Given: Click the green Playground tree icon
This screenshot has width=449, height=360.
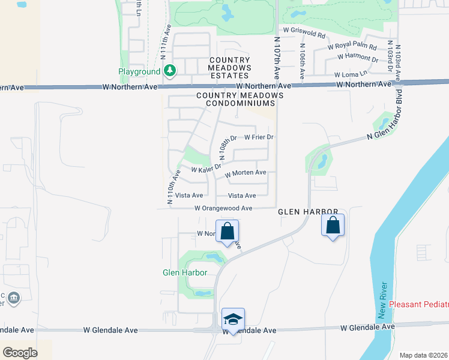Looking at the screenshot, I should (170, 71).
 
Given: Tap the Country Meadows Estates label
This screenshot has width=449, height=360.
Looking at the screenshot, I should (230, 68).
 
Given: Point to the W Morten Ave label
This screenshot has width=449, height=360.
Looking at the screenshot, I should (246, 173).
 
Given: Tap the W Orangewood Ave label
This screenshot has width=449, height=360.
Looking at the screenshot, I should (223, 208).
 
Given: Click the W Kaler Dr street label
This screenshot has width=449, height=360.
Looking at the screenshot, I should (202, 169).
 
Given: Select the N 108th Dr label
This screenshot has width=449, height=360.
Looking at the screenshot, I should (229, 147).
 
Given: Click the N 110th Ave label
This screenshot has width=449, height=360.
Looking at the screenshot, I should (173, 188).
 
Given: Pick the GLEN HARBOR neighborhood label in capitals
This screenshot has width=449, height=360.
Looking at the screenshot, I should (304, 212).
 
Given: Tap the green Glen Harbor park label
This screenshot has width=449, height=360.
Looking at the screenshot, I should (185, 272).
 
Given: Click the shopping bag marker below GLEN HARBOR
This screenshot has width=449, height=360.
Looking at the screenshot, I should (333, 226).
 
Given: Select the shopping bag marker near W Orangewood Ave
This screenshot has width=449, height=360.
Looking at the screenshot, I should (227, 232).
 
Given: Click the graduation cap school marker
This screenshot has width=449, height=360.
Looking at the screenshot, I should (233, 319).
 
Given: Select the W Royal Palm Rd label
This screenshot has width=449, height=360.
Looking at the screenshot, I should (352, 47).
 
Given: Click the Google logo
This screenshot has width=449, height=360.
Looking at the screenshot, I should (20, 352).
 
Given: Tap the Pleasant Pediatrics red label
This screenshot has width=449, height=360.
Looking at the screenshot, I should (419, 304).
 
